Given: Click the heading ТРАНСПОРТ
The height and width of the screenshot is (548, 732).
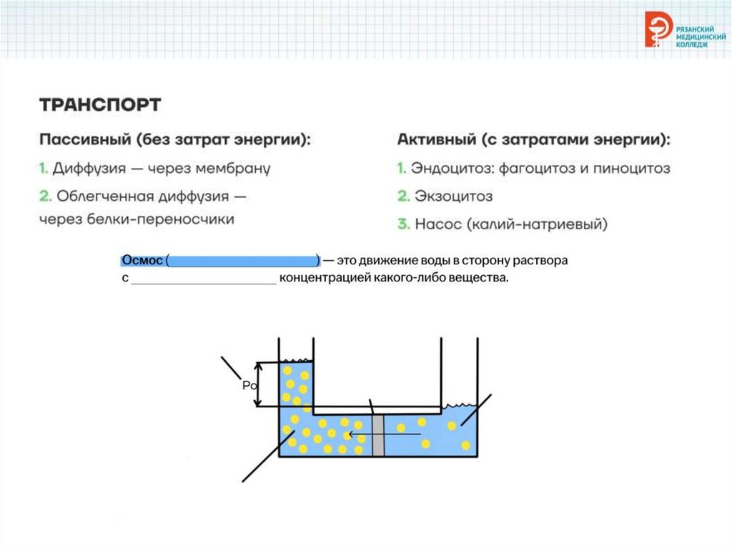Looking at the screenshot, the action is pyautogui.click(x=100, y=105).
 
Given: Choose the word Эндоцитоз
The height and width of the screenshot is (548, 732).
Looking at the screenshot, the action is pyautogui.click(x=447, y=169).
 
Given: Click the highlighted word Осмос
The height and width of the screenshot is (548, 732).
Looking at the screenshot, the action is pyautogui.click(x=142, y=261).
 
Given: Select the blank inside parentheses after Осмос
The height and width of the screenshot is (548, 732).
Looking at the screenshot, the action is pyautogui.click(x=243, y=261).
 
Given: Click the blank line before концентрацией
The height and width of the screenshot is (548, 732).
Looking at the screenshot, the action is pyautogui.click(x=204, y=279).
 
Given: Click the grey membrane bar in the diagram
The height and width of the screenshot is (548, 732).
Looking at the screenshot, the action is pyautogui.click(x=378, y=434).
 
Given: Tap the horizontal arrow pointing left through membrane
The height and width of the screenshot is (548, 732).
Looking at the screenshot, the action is pyautogui.click(x=382, y=433).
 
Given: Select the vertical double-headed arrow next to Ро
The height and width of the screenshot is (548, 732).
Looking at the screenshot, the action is pyautogui.click(x=259, y=384).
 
